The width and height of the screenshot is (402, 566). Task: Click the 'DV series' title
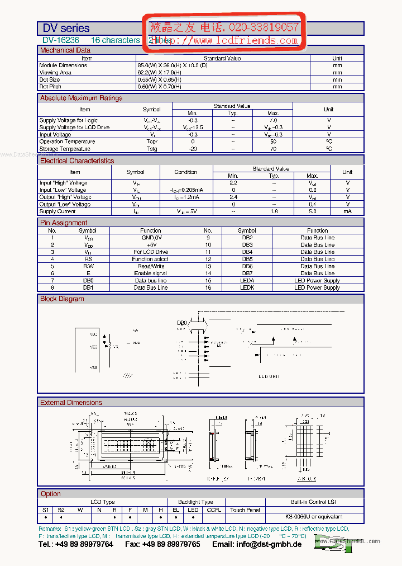[66, 28]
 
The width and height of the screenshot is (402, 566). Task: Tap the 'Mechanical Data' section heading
[65, 50]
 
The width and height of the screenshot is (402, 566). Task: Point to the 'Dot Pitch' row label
[51, 87]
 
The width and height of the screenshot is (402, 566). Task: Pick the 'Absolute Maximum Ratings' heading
[81, 98]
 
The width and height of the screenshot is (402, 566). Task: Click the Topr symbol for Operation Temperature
[152, 141]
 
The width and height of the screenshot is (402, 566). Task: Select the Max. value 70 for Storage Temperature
[273, 149]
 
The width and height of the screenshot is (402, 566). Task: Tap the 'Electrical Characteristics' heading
[77, 161]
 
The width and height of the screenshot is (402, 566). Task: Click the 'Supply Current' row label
[58, 211]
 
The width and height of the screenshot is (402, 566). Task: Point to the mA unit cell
[347, 211]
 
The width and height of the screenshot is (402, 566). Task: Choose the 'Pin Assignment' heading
[64, 223]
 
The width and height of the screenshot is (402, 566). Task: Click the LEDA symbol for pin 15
[247, 281]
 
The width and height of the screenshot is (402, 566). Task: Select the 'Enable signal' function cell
[151, 273]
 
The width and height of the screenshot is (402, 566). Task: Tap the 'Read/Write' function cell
[151, 266]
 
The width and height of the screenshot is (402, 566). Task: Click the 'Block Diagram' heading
[62, 299]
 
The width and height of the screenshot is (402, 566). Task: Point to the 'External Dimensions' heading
[71, 402]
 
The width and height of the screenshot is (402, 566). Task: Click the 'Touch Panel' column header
[245, 510]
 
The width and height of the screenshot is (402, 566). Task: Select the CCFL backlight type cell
[214, 510]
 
